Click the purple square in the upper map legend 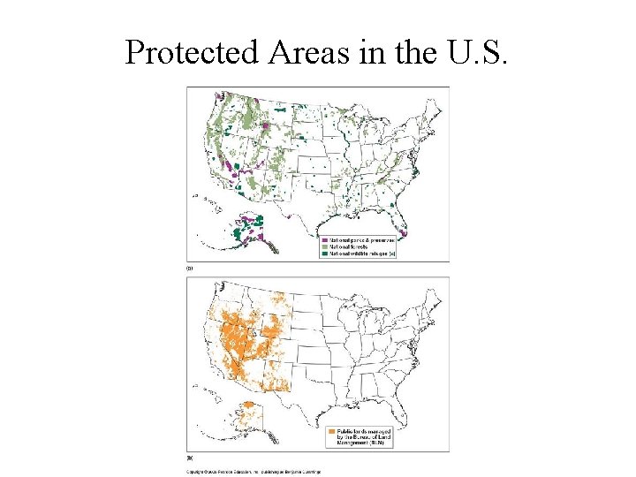[x=324, y=239]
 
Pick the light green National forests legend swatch [x=324, y=246]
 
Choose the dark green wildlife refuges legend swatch [x=324, y=254]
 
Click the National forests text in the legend [x=350, y=246]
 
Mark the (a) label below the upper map [x=190, y=266]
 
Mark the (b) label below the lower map [x=190, y=458]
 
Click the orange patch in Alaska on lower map [x=250, y=408]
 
